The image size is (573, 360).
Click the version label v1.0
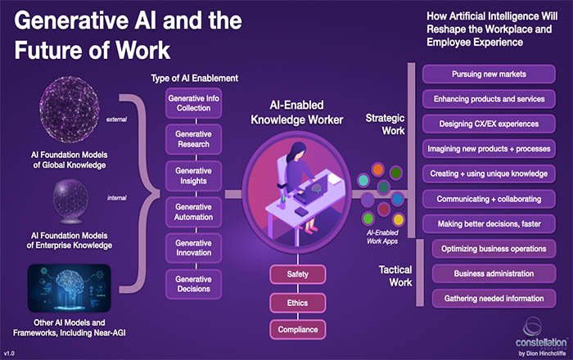click(11, 354)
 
